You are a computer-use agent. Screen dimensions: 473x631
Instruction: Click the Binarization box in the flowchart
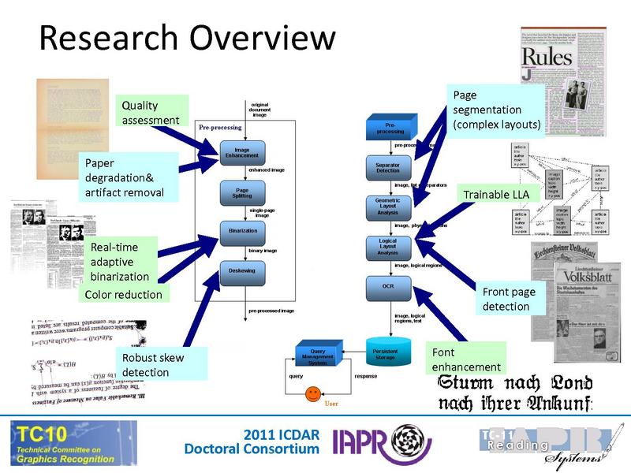point(242,233)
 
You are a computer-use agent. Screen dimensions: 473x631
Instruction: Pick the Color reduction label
point(125,295)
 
